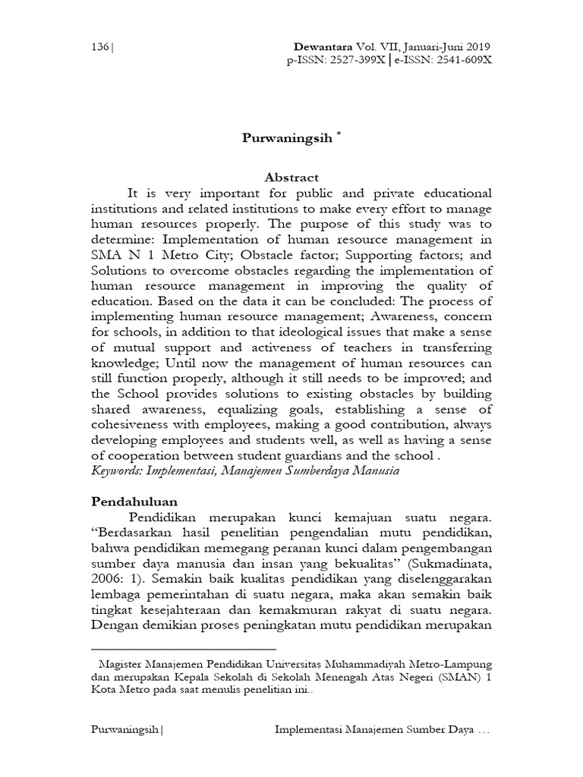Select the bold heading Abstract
click(291, 177)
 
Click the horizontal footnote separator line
click(183, 649)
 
